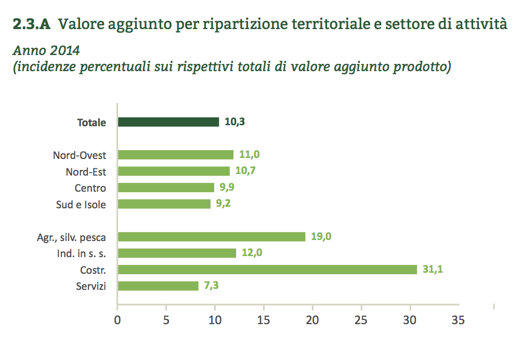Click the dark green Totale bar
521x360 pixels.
(168, 122)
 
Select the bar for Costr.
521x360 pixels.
(267, 270)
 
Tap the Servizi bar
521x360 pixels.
(158, 286)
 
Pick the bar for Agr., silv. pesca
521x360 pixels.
(211, 237)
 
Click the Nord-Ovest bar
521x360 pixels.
(175, 155)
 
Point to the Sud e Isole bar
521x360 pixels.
(164, 204)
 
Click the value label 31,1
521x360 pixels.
(433, 270)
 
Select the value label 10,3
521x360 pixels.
(235, 122)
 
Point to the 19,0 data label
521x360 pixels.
(321, 237)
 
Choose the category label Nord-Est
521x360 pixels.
(86, 171)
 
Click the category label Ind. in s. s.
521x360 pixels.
(81, 254)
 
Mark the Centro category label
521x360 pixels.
(90, 188)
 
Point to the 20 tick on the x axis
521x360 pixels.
(312, 320)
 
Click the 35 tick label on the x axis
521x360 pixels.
(458, 320)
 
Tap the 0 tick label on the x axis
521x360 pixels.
(118, 320)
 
